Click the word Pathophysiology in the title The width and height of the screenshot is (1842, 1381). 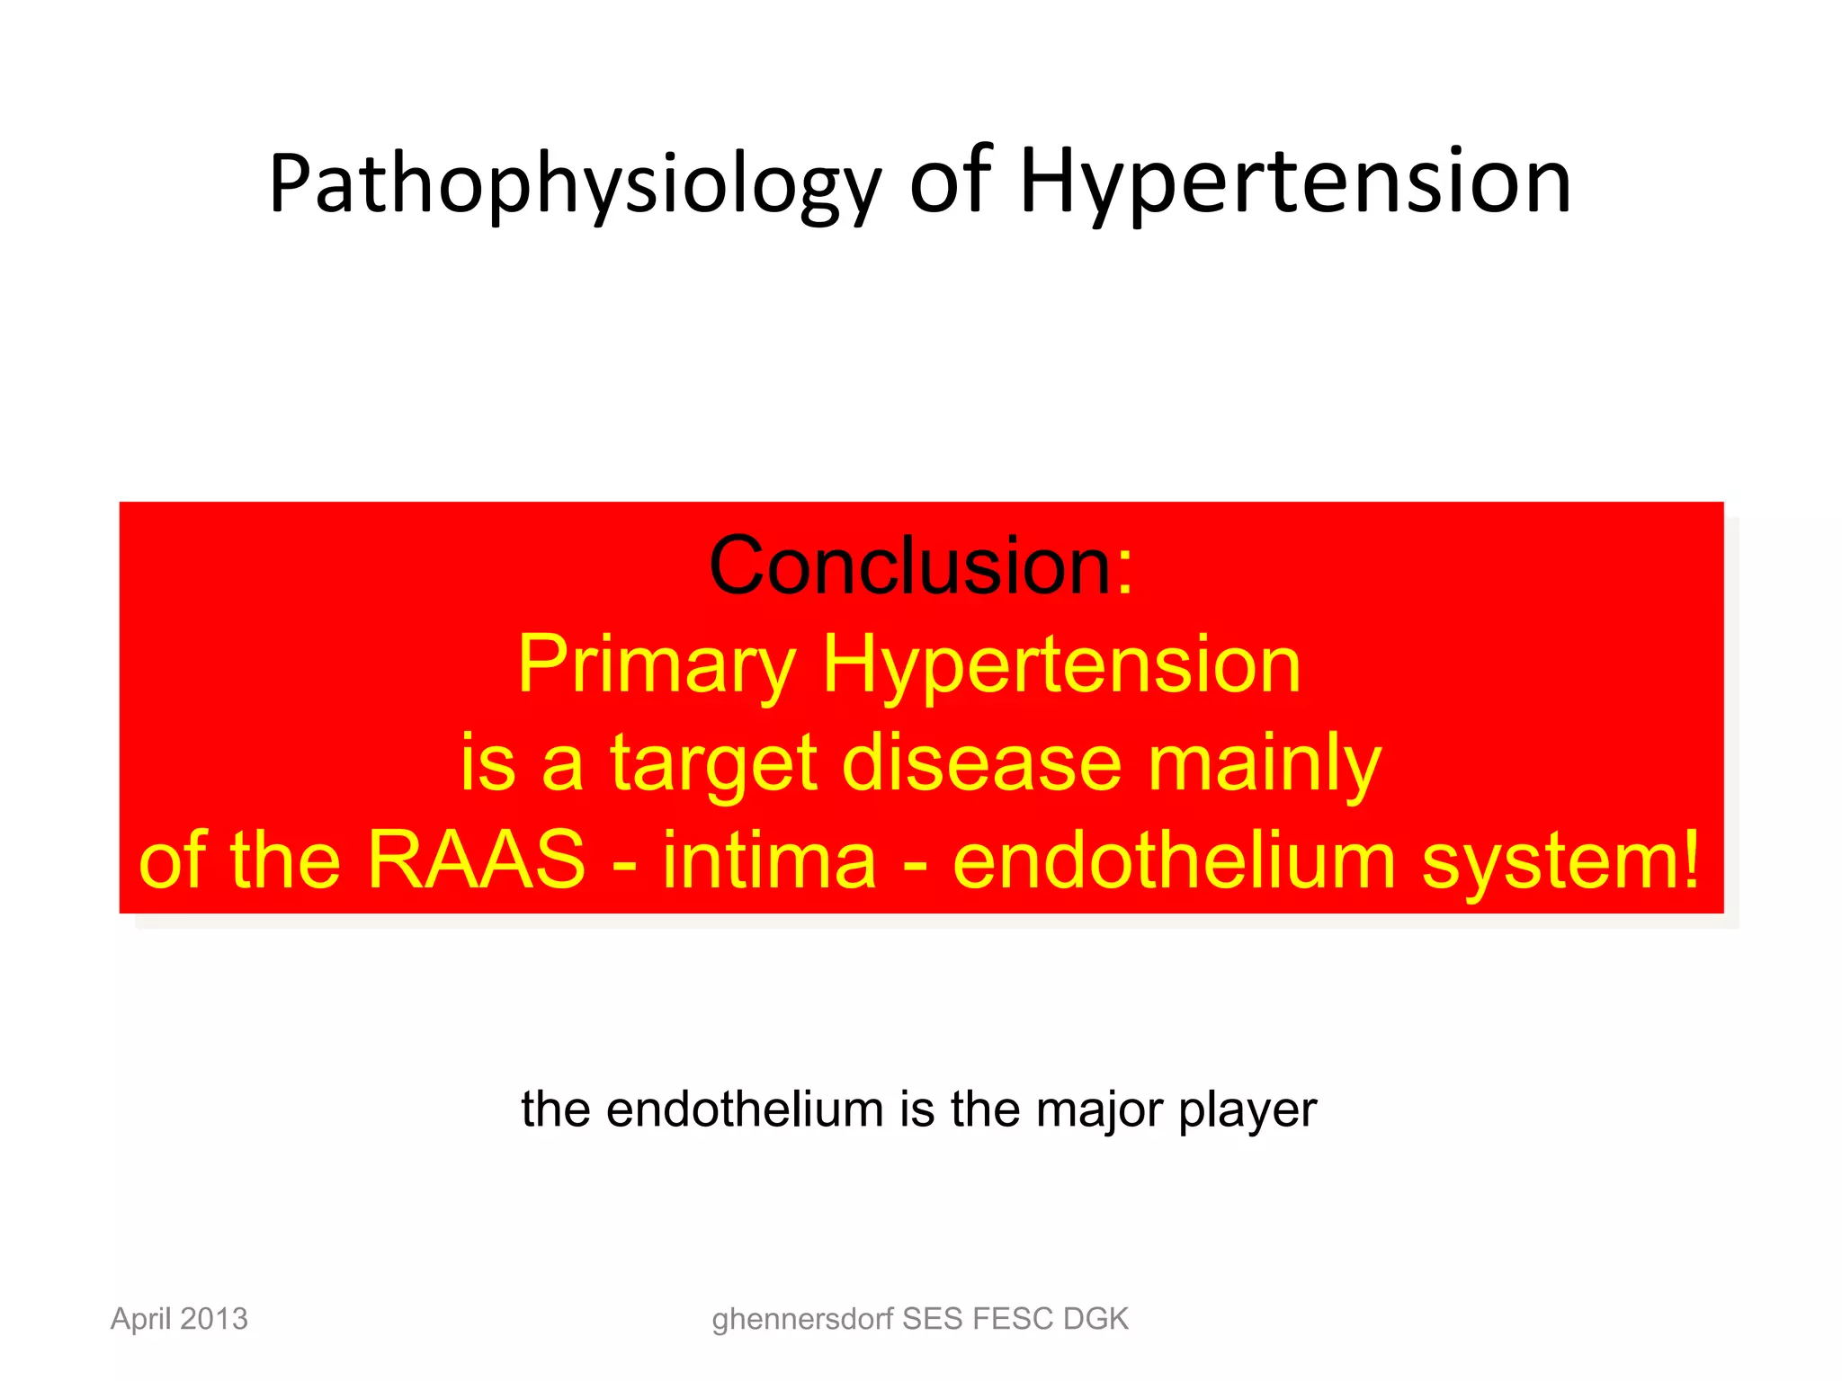point(574,184)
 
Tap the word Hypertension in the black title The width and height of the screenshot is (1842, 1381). point(1295,184)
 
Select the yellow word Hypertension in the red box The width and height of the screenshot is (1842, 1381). point(1061,665)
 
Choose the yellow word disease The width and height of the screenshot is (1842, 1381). point(981,762)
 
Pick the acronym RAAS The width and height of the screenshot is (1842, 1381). point(477,860)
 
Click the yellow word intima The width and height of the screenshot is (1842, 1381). point(769,860)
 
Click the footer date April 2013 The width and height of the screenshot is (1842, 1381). point(179,1319)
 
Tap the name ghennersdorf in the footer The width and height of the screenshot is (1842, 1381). point(802,1320)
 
